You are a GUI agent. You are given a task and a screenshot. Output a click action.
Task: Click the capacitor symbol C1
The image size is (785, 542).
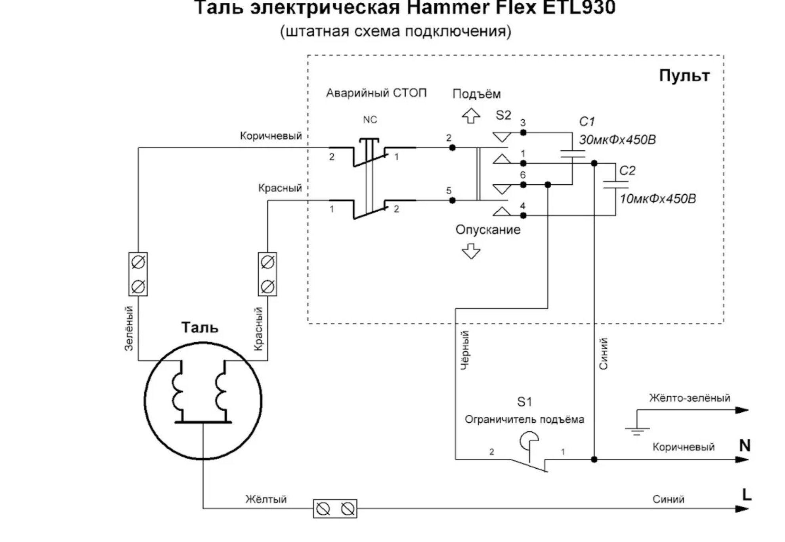click(x=573, y=154)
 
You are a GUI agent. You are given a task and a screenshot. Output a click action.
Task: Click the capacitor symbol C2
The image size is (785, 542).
click(x=615, y=185)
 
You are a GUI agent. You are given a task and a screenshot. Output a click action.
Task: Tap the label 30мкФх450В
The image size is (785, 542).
click(x=617, y=140)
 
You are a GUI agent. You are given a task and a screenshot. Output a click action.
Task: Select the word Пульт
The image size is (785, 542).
click(x=684, y=75)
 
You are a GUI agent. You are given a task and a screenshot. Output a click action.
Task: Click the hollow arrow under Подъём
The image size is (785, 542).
click(x=471, y=116)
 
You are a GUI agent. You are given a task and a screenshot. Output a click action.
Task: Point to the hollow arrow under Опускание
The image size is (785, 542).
click(x=471, y=251)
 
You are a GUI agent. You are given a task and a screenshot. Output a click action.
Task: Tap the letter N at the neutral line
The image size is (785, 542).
click(x=745, y=446)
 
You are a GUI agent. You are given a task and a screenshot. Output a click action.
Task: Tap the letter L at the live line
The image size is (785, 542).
click(x=747, y=495)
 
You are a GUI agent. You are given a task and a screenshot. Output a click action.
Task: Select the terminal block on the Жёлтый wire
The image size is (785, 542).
click(x=335, y=509)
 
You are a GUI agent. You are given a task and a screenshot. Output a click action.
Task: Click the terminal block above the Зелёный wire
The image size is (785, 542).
click(x=138, y=274)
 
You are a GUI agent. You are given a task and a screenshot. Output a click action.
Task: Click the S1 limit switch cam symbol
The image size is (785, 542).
click(x=529, y=441)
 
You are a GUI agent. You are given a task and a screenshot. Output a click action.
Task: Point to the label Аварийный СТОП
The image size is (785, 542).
click(x=376, y=93)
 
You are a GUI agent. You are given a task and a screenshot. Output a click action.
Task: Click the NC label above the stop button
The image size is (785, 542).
click(x=370, y=120)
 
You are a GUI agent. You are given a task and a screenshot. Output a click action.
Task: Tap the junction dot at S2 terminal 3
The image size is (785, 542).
click(x=523, y=132)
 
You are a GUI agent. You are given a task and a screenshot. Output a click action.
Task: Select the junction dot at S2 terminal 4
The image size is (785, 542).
click(x=523, y=215)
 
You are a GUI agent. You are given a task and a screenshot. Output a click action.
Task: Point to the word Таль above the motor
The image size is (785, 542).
click(x=200, y=327)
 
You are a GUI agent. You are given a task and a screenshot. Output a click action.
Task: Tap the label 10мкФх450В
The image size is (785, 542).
click(x=658, y=198)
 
